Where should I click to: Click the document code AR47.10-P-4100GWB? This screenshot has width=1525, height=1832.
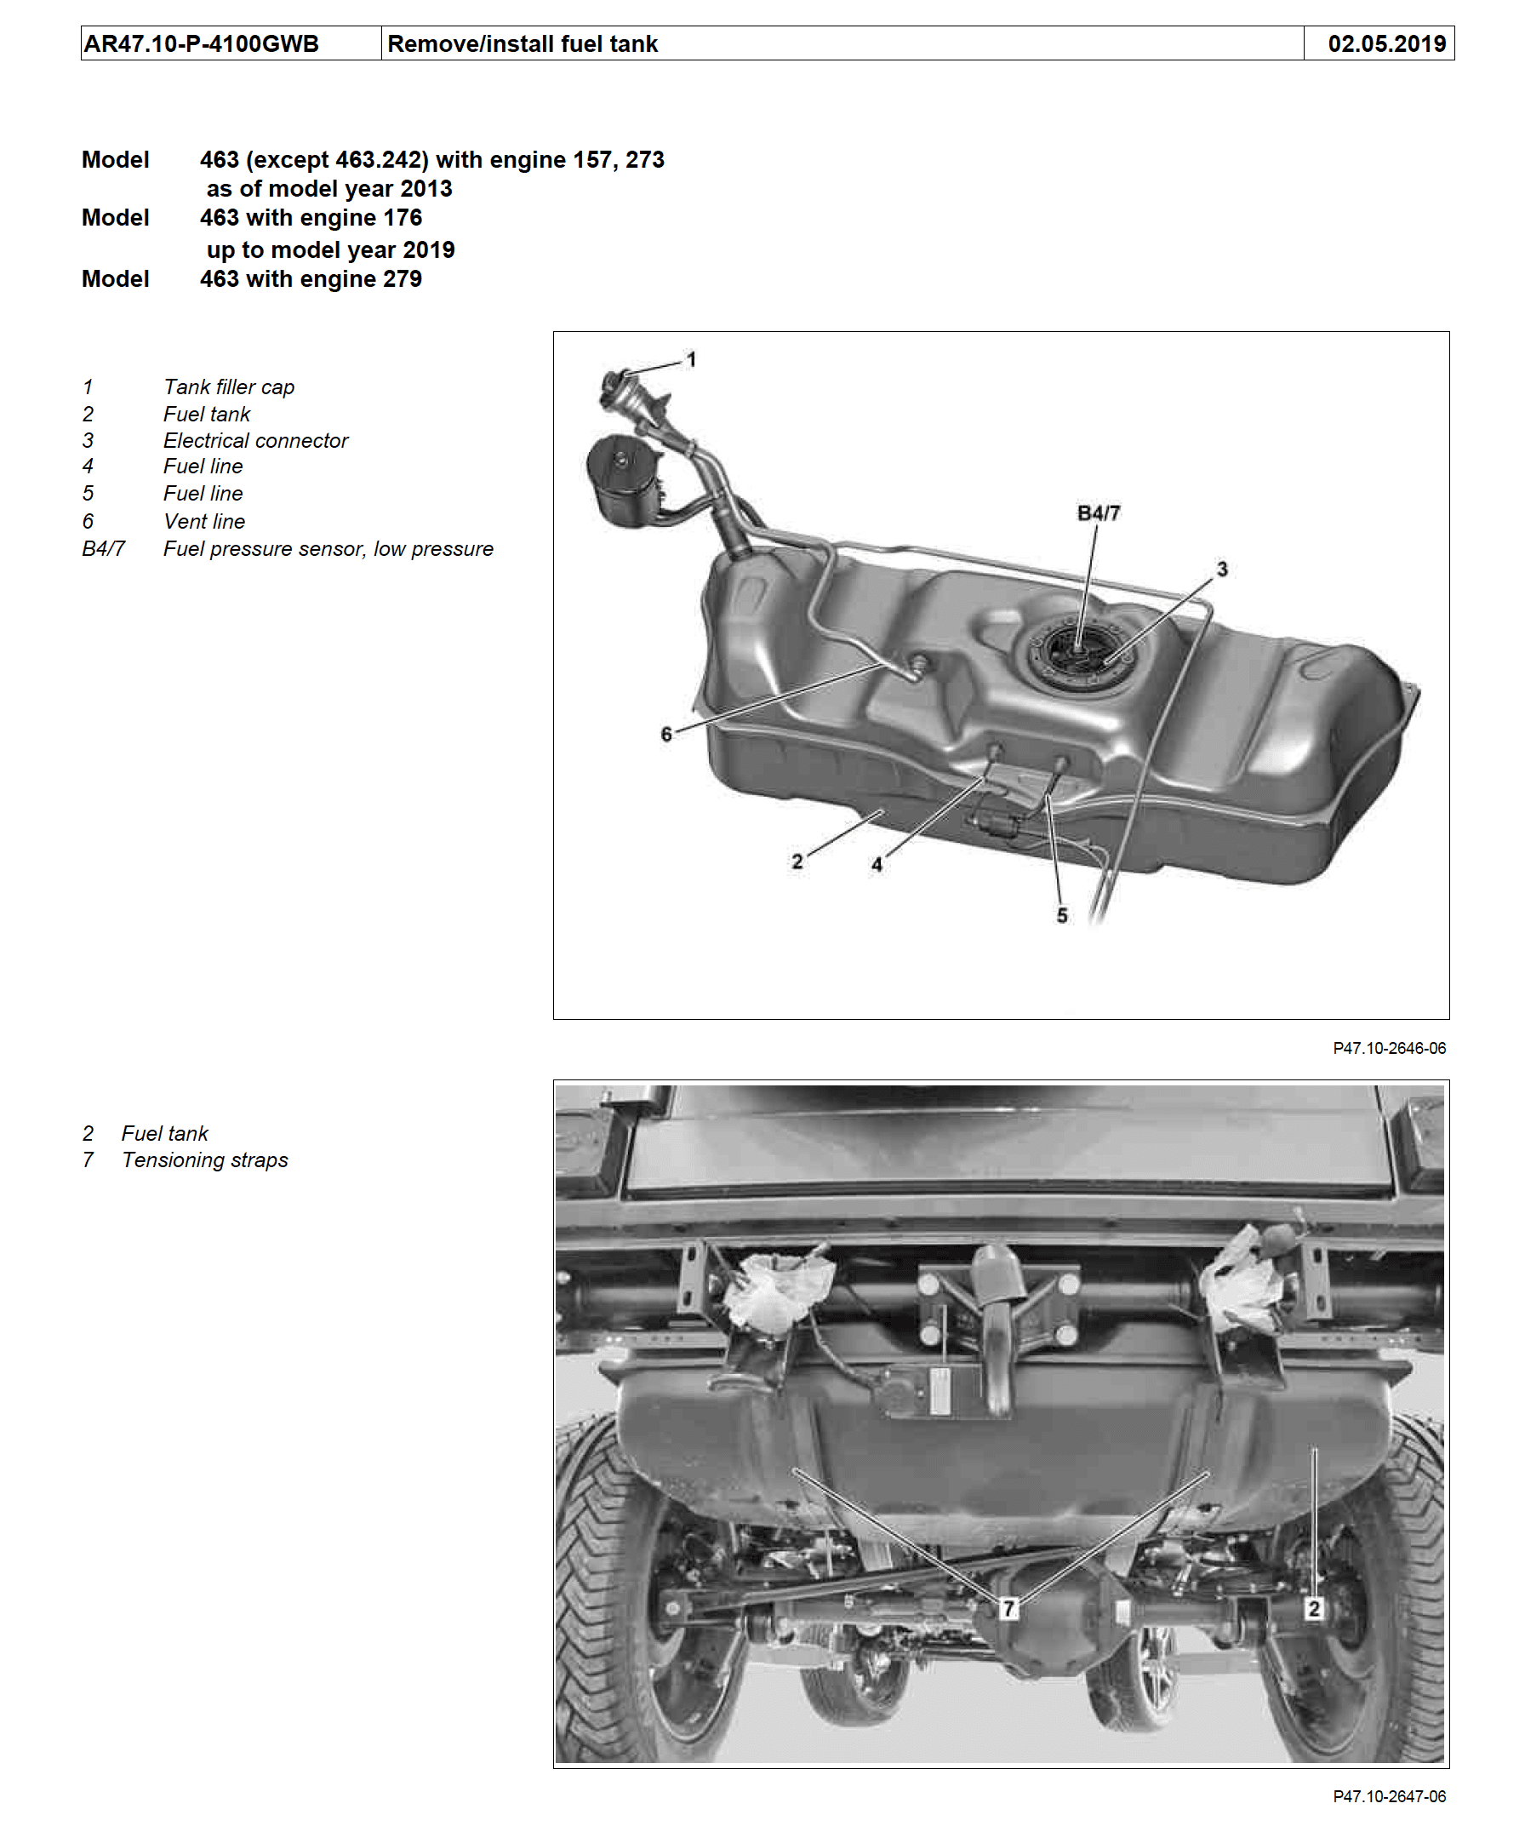tap(202, 43)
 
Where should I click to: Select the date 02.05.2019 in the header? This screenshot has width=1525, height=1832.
tap(1385, 43)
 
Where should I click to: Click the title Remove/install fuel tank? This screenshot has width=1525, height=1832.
tap(523, 43)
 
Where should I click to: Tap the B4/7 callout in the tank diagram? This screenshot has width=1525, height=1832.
tap(1098, 513)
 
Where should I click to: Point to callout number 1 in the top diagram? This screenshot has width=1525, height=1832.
tap(691, 359)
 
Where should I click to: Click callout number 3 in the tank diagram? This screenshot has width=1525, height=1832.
tap(1221, 569)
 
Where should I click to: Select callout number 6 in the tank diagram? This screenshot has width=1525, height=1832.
tap(666, 734)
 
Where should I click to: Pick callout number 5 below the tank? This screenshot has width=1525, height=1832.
tap(1061, 915)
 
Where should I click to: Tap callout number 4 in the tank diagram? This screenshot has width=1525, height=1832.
tap(877, 864)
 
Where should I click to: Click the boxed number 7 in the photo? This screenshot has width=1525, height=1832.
tap(1008, 1607)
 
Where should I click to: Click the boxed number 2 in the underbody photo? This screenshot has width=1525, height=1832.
tap(1313, 1607)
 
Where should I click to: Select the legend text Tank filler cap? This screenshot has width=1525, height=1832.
tap(228, 386)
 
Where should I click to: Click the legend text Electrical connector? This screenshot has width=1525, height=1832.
tap(255, 441)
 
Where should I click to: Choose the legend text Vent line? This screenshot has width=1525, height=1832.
tap(204, 521)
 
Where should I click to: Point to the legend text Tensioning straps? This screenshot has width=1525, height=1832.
tap(205, 1159)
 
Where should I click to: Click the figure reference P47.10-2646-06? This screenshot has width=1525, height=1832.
tap(1388, 1048)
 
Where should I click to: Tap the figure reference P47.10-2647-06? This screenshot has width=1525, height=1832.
tap(1388, 1796)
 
